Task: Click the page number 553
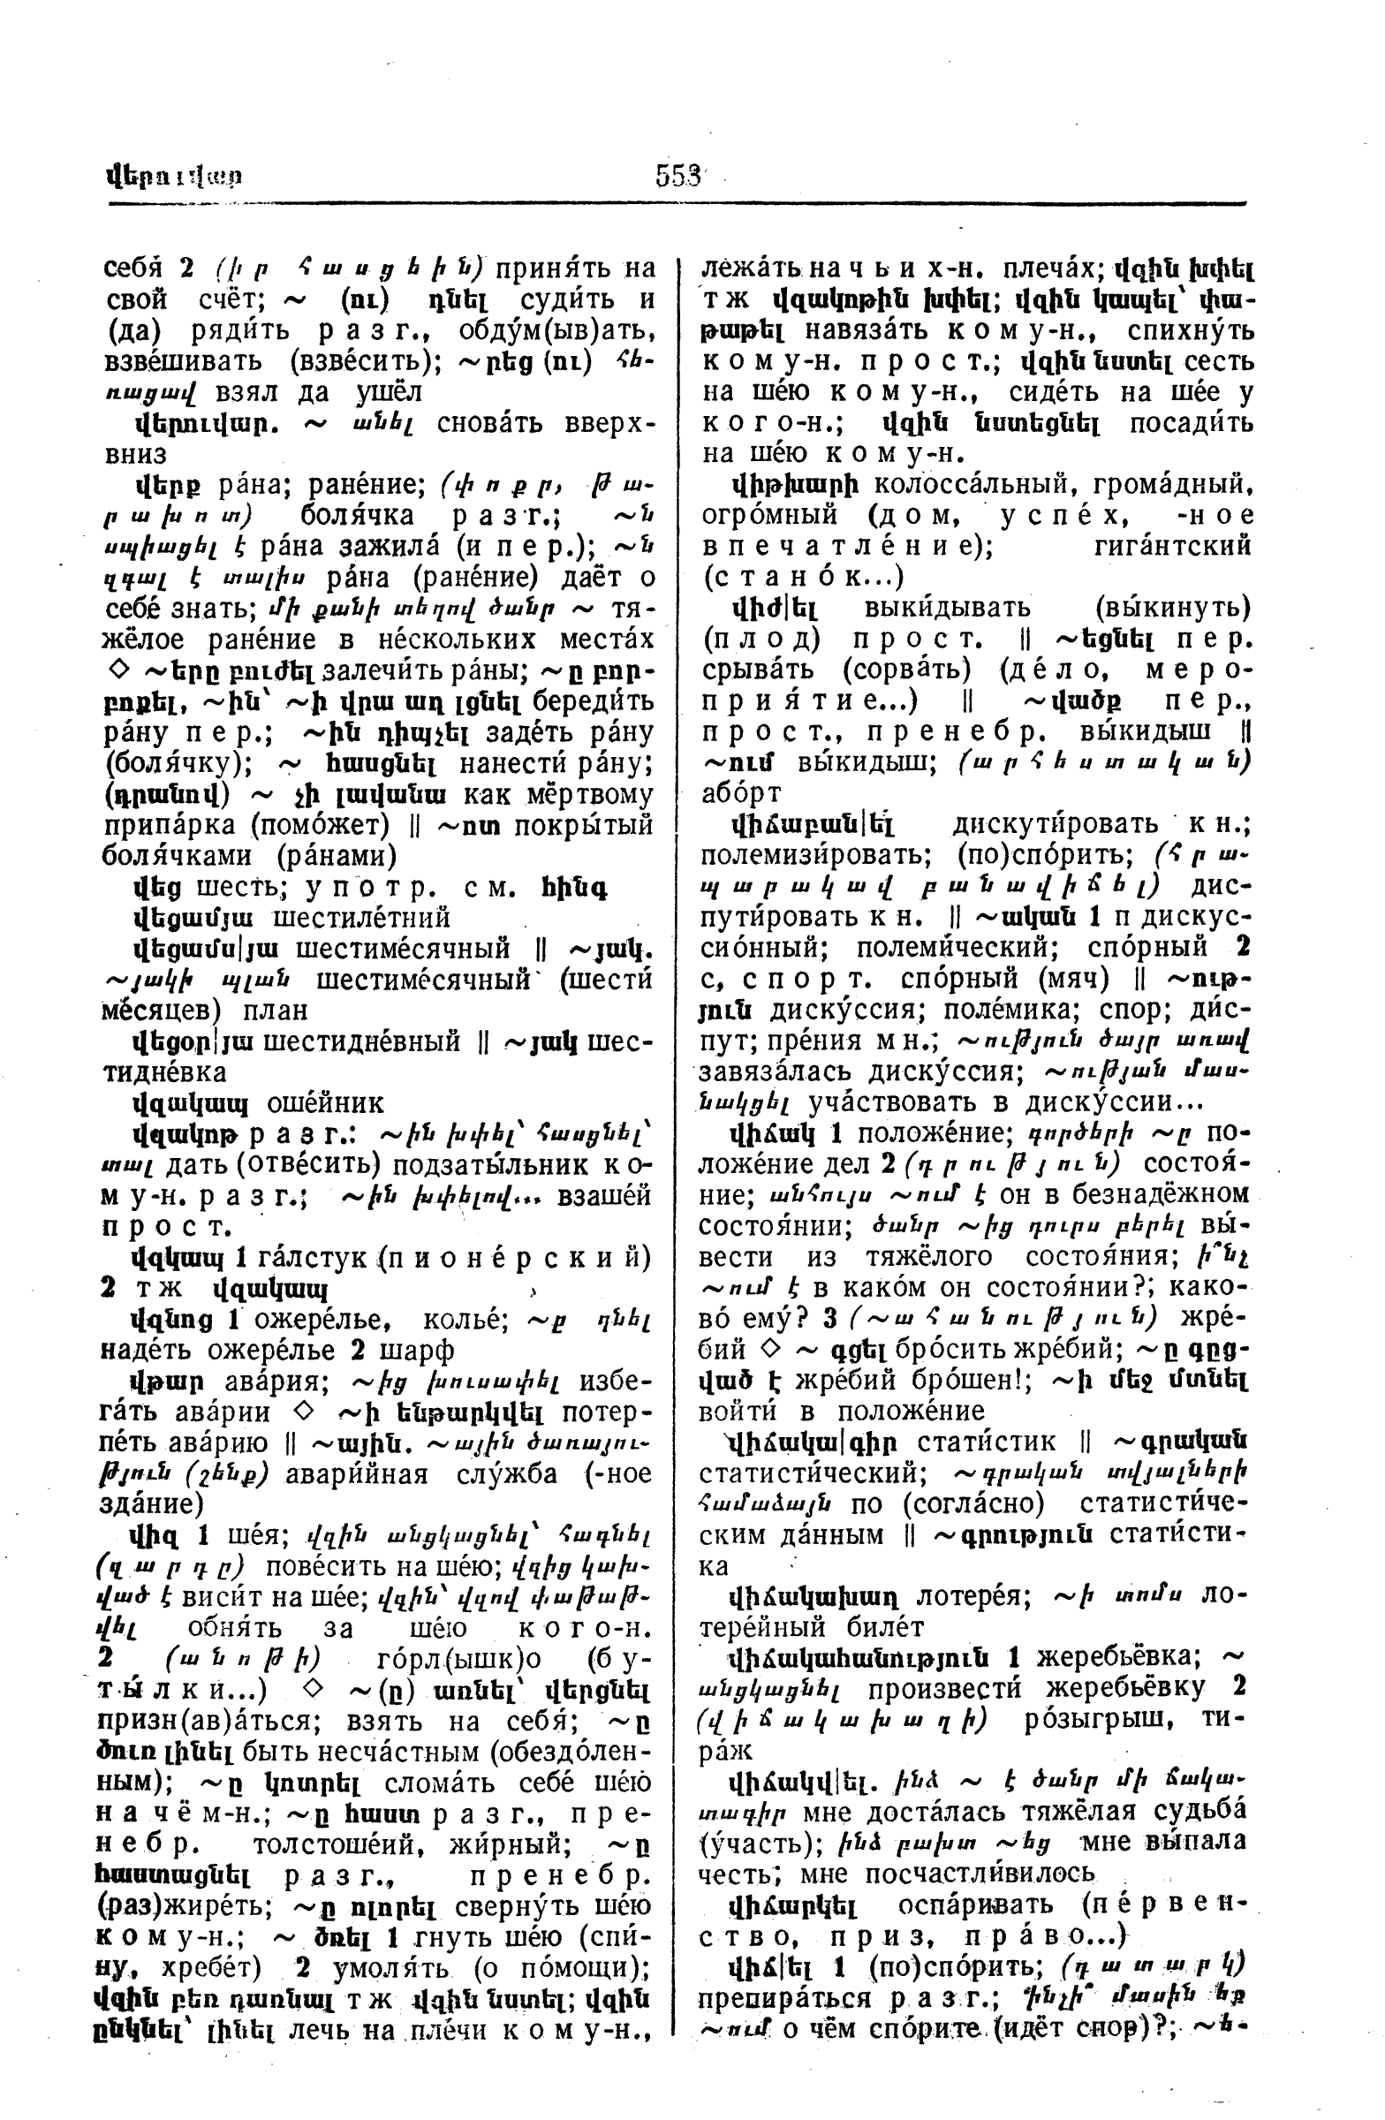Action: pos(678,177)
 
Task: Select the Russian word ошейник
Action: pos(325,1103)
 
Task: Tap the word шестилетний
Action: pos(360,918)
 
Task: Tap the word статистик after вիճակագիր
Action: pos(986,1442)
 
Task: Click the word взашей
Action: pos(604,1196)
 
